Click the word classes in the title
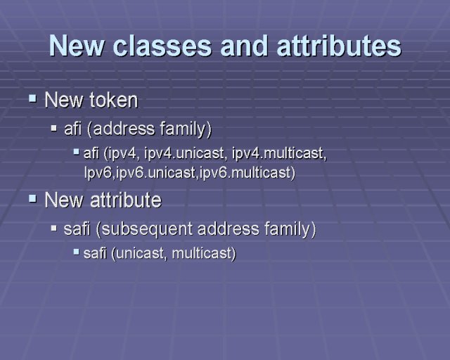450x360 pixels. (x=162, y=46)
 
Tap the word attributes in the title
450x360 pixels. (x=339, y=46)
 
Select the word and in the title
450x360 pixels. (x=244, y=46)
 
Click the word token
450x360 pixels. (x=114, y=100)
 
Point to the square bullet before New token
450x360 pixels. (x=33, y=98)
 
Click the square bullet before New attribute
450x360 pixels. (x=33, y=198)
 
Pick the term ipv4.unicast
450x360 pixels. (x=184, y=153)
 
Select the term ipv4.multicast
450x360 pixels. (x=279, y=153)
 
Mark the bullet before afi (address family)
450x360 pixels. (x=54, y=128)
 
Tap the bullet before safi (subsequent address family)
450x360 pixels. (x=54, y=229)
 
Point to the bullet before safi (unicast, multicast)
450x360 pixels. (x=76, y=252)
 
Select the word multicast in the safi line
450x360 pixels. (x=202, y=254)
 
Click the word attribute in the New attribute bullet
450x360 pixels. (x=126, y=200)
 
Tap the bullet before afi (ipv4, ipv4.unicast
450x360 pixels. (x=76, y=151)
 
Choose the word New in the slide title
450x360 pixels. (x=76, y=46)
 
